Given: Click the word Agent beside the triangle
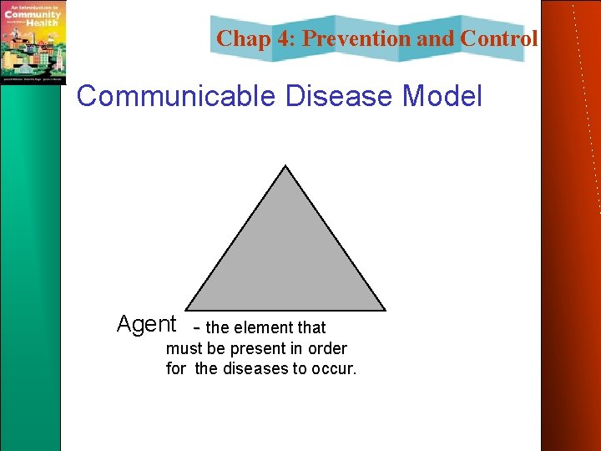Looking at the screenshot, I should tap(146, 324).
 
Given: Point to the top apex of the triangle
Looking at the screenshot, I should tap(286, 166).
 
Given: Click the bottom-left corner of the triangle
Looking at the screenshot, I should tap(186, 310).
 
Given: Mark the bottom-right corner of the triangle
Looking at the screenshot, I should tap(385, 310).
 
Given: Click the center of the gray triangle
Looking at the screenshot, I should tap(285, 263).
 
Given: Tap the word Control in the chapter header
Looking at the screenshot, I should tap(499, 38).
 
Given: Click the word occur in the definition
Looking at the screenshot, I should tap(335, 368).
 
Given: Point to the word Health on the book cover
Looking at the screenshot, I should tap(41, 23).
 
